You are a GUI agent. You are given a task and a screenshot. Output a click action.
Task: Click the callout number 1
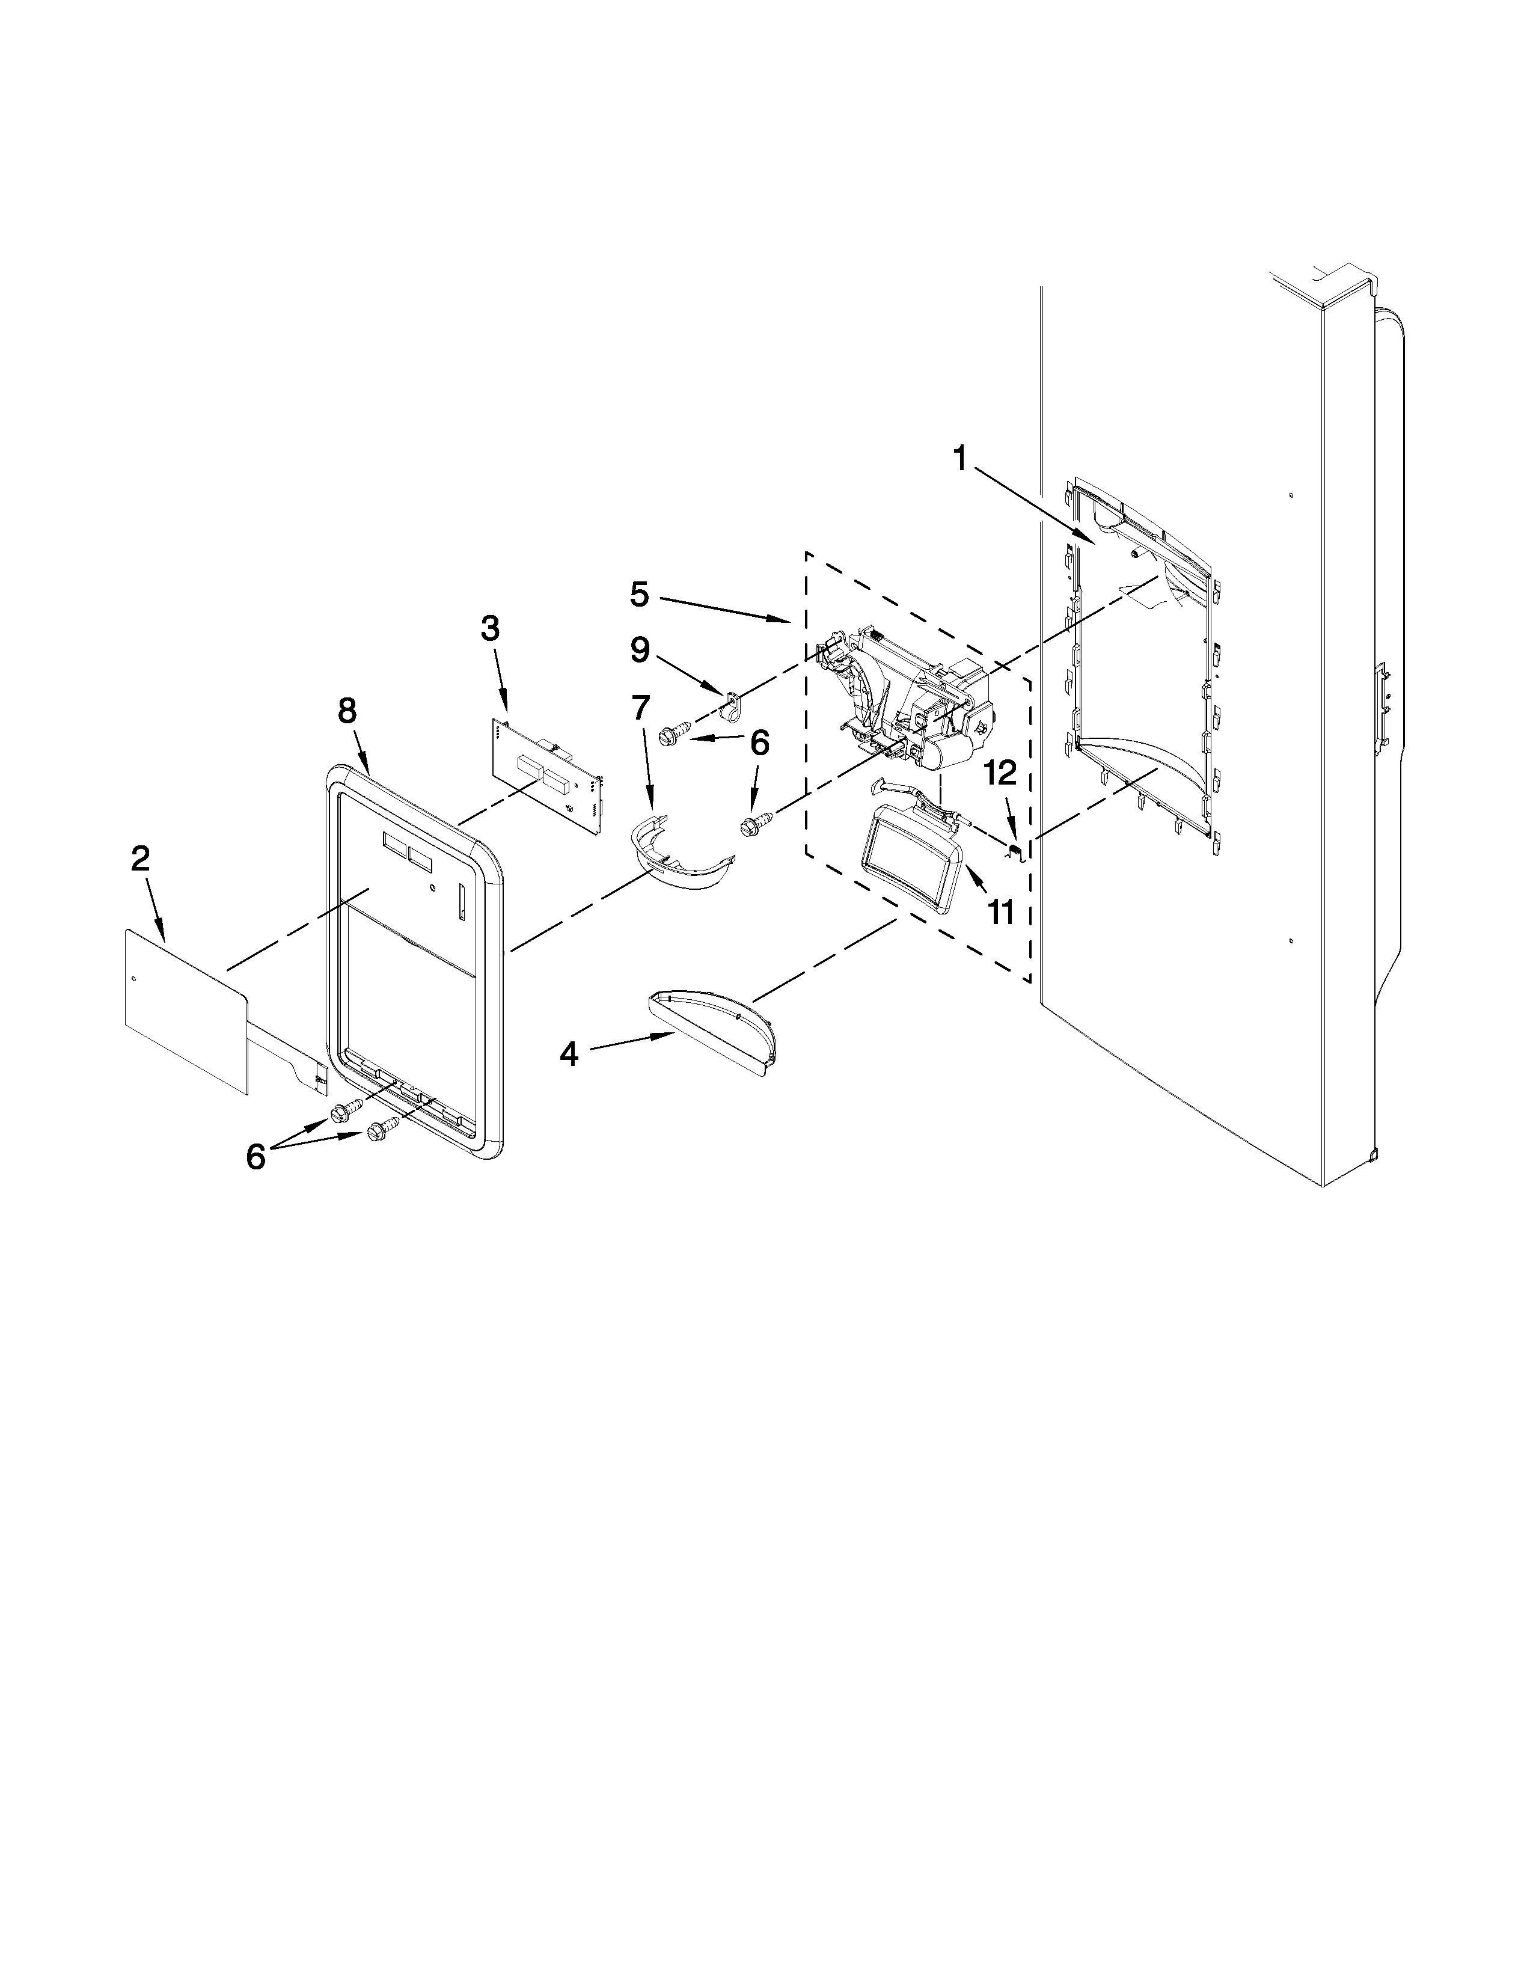pyautogui.click(x=960, y=460)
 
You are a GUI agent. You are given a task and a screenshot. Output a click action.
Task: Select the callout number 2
pyautogui.click(x=140, y=859)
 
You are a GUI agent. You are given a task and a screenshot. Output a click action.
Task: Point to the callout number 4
pyautogui.click(x=569, y=1054)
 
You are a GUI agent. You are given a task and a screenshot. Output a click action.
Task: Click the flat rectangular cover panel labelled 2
pyautogui.click(x=186, y=1008)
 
